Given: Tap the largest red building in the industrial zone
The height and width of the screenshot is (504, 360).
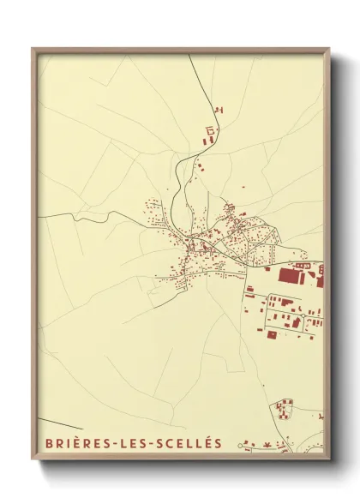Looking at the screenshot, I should (292, 275).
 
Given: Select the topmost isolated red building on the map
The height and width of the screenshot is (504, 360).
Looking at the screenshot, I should (218, 109).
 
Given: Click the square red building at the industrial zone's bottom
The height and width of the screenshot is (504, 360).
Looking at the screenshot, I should (272, 334).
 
